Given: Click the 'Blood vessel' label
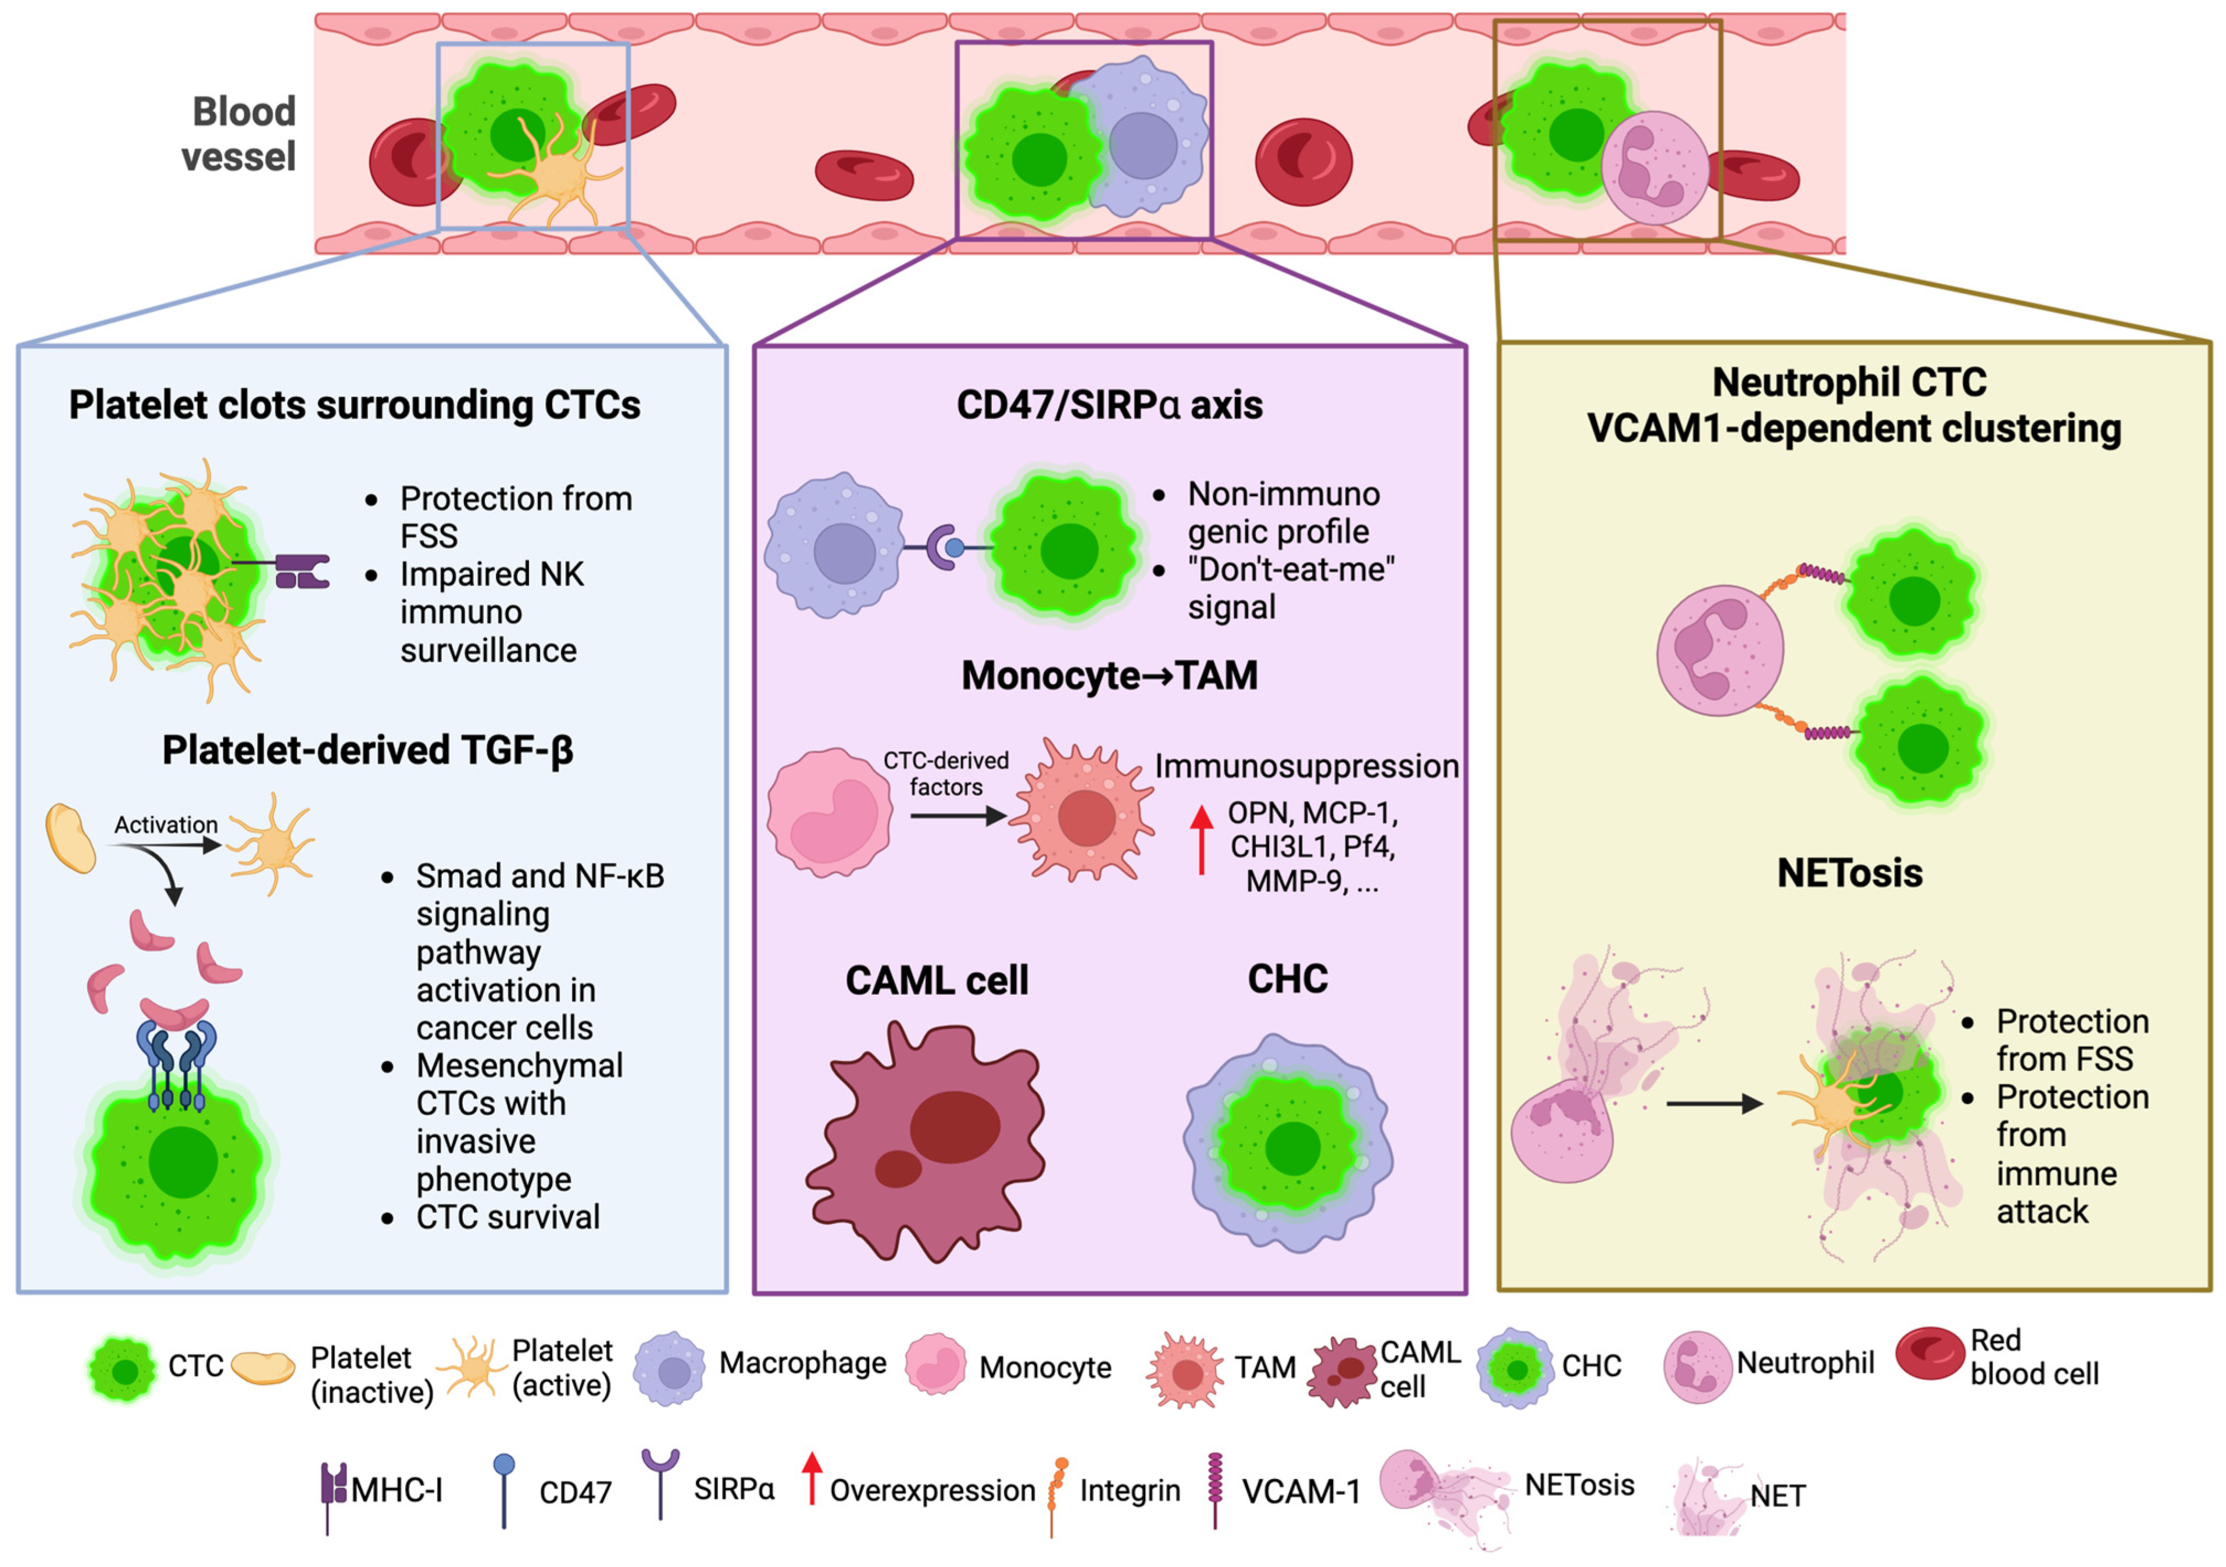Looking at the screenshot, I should [240, 134].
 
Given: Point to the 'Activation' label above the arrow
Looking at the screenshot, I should [166, 825].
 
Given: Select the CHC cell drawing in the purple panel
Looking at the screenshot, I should [1288, 1144].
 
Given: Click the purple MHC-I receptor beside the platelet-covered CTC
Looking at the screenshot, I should [302, 572].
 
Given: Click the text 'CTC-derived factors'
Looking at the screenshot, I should [945, 774].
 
